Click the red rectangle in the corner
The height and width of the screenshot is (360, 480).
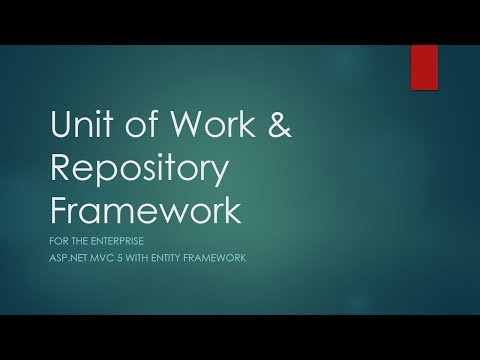pos(424,62)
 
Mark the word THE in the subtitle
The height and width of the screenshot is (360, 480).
pos(79,242)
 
